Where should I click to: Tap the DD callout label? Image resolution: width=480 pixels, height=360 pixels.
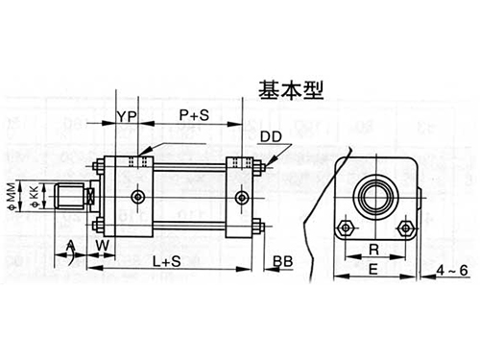272,138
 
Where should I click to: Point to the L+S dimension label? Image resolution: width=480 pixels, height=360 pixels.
166,260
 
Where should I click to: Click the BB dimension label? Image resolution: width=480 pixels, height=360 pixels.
282,261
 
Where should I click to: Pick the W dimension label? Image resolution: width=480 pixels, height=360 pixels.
103,246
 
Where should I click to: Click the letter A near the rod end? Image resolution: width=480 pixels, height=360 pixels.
70,246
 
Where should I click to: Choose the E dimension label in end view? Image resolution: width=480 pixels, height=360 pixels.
375,271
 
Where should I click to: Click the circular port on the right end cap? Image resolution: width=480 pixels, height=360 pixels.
241,198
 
